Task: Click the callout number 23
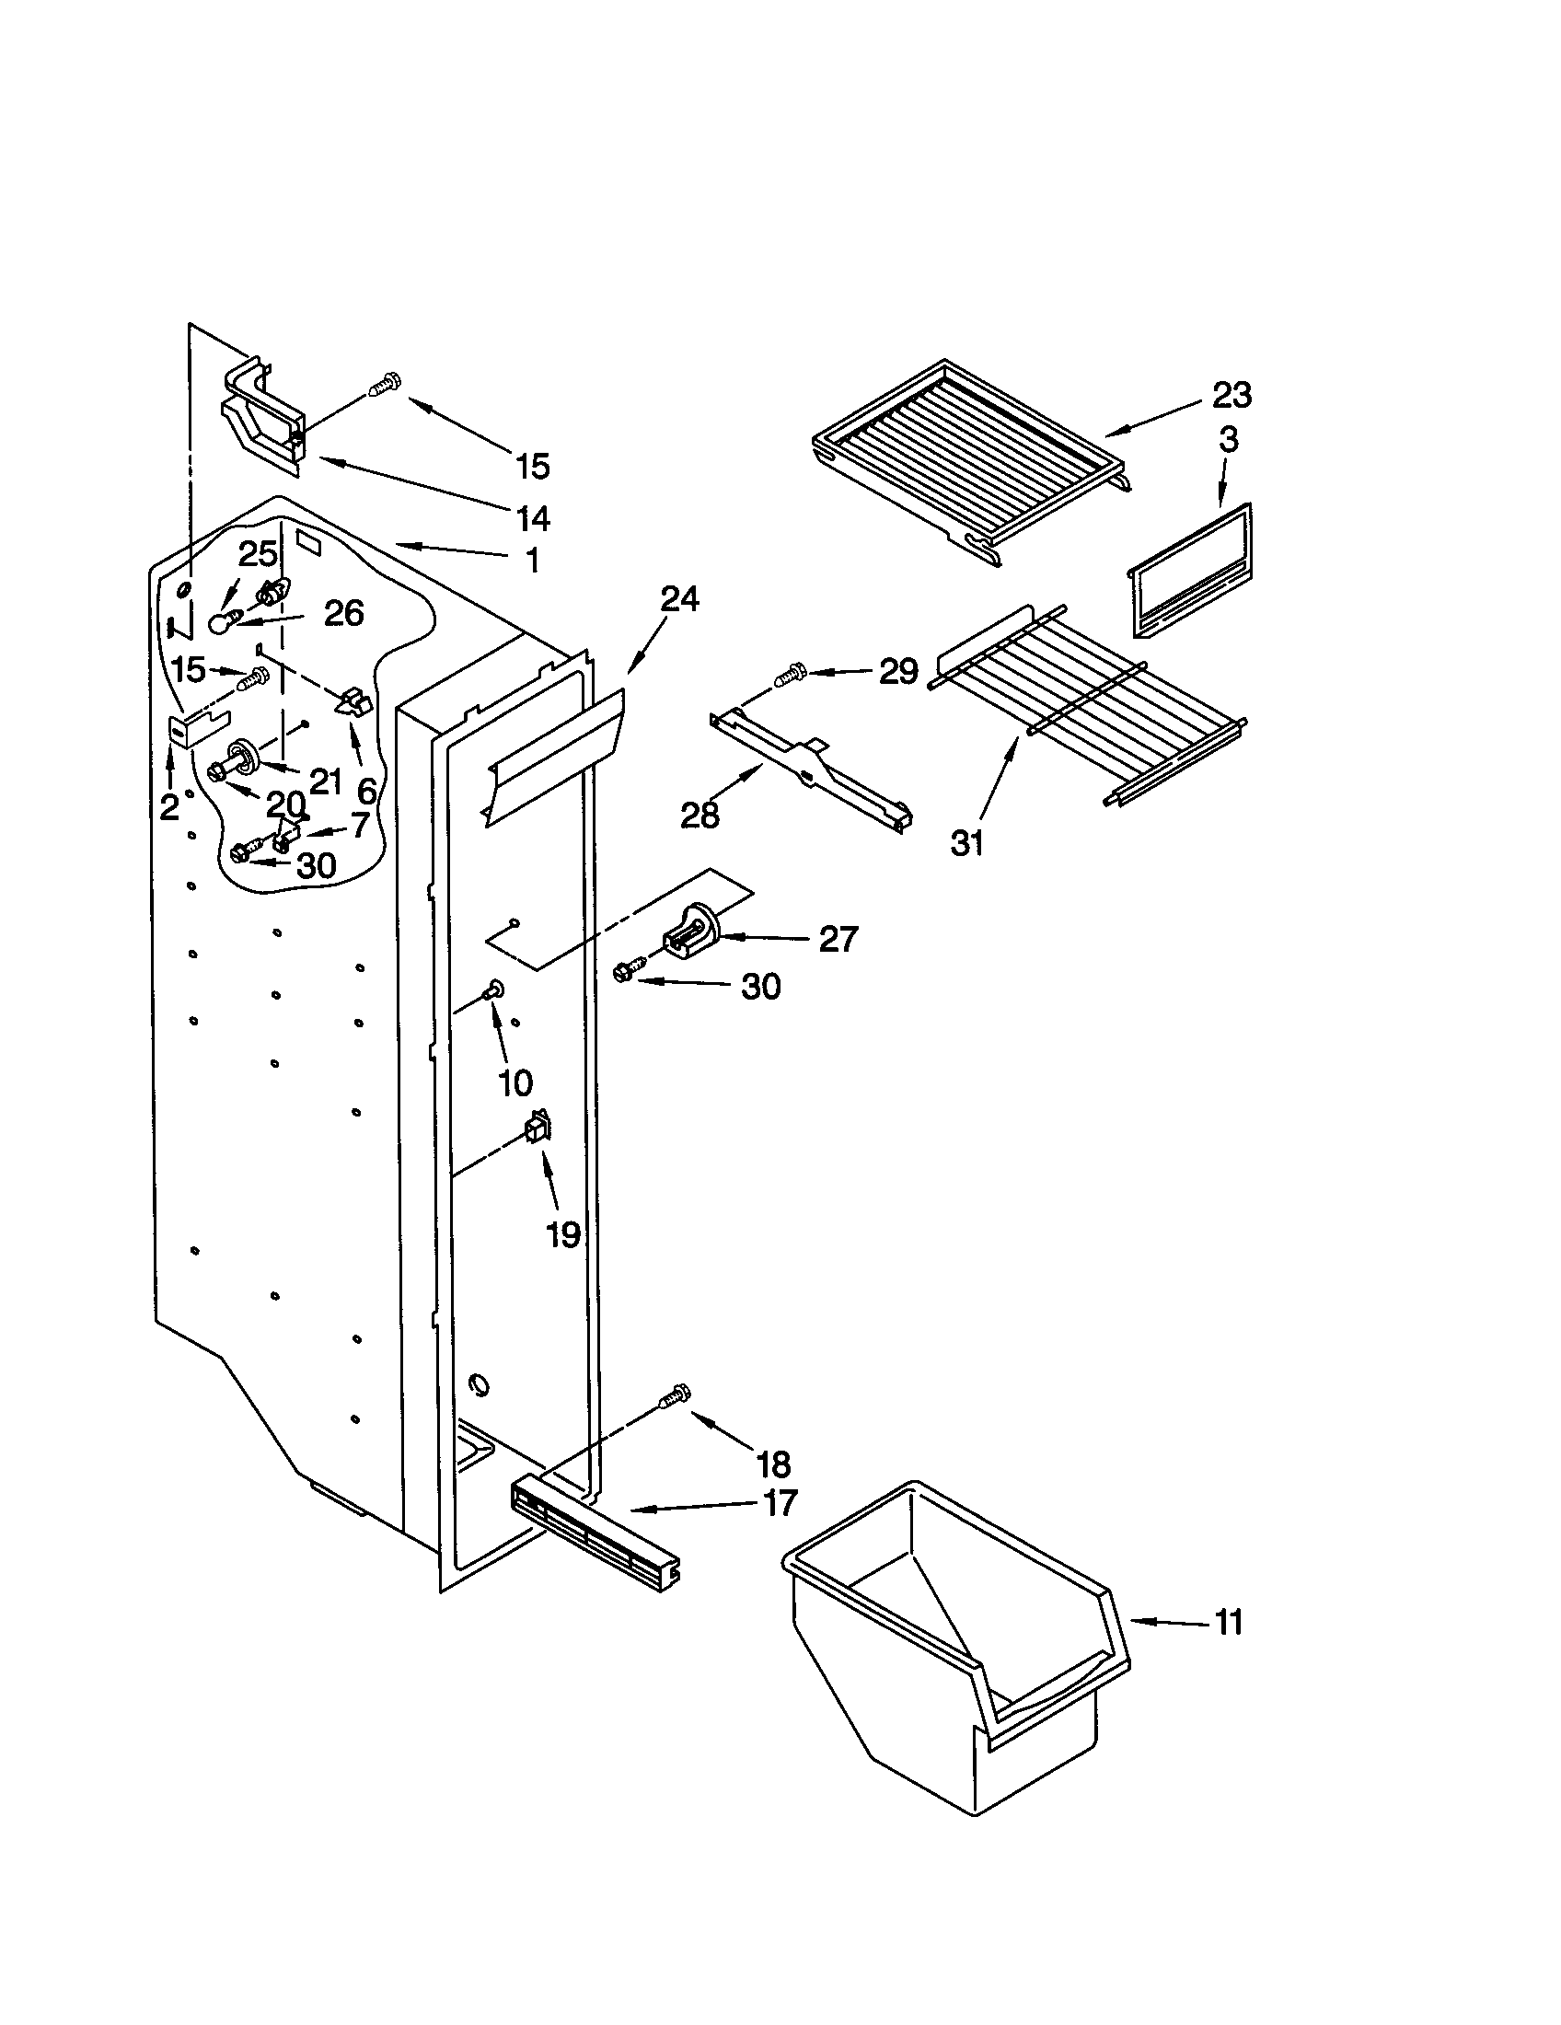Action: click(x=1231, y=396)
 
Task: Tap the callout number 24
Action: click(x=678, y=599)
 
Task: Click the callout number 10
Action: click(x=515, y=1082)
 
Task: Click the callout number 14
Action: click(x=532, y=518)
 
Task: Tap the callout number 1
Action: click(x=531, y=561)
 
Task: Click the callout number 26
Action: click(x=343, y=613)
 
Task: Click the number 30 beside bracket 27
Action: click(x=760, y=987)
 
